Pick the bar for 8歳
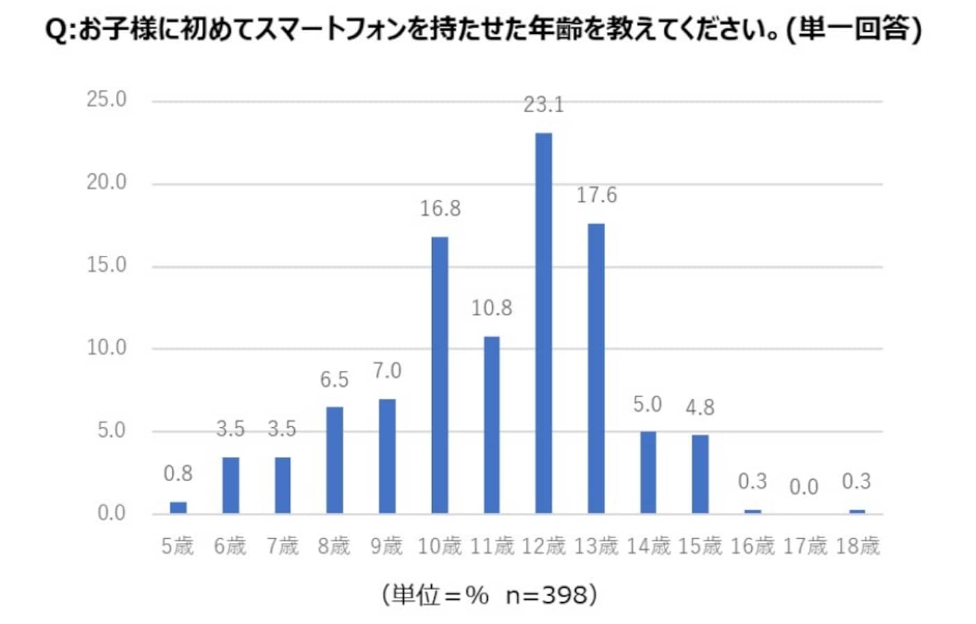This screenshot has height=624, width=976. pos(334,460)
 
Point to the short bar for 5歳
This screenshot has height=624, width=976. pos(178,508)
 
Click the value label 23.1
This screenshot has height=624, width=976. pos(544,105)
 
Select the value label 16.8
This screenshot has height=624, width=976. pos(440,209)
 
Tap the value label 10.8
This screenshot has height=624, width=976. pos(492,308)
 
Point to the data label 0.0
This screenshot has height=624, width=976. pos(804,487)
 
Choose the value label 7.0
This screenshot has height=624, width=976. pos(387,371)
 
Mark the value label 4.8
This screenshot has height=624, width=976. pos(700,408)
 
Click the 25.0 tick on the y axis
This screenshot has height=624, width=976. pos(107,100)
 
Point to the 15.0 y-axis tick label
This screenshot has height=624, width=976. pos(107,266)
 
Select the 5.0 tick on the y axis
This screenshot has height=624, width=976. pos(112,431)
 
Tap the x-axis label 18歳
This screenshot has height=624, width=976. pos(857,546)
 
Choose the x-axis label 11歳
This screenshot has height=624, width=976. pos(492,546)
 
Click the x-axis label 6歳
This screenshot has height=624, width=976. pos(230,546)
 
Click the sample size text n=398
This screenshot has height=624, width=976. pos(547,595)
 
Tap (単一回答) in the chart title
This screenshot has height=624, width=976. pos(855,30)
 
